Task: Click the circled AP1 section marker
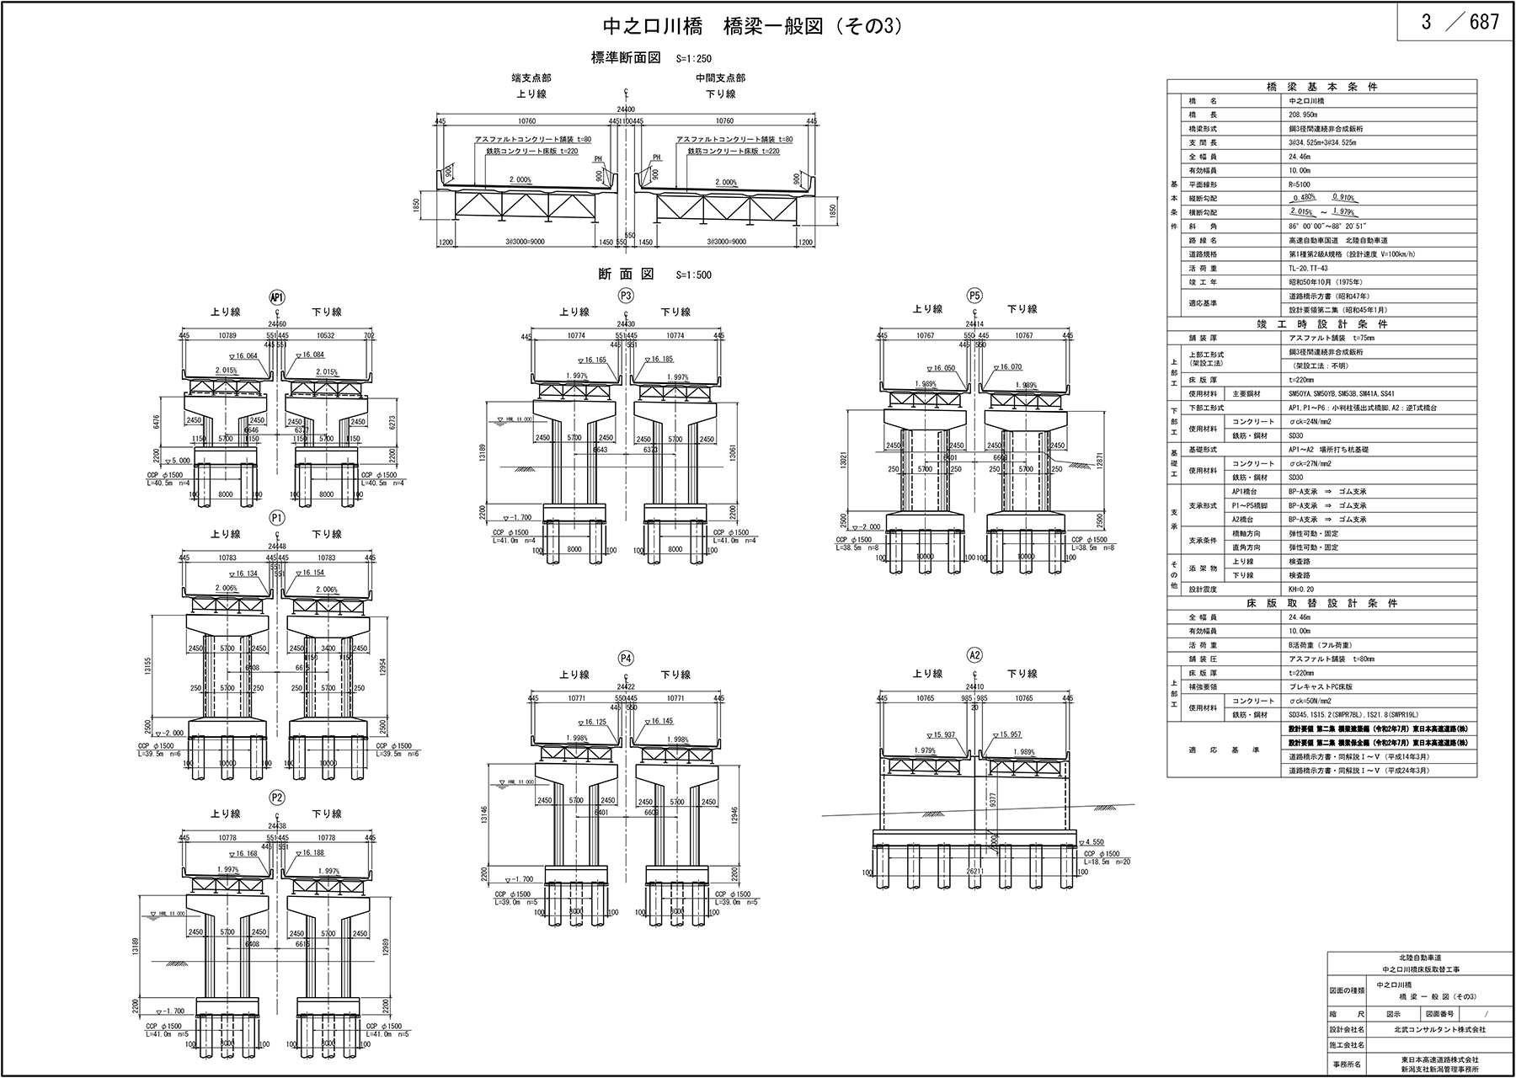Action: [277, 297]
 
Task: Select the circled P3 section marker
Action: [625, 296]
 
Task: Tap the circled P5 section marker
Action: [975, 296]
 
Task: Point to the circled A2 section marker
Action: [975, 656]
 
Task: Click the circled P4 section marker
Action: [625, 658]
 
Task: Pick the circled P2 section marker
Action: [277, 798]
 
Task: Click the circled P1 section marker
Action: [277, 517]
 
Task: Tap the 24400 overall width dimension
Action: [625, 109]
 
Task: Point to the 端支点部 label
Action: [531, 78]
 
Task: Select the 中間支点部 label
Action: [720, 78]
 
